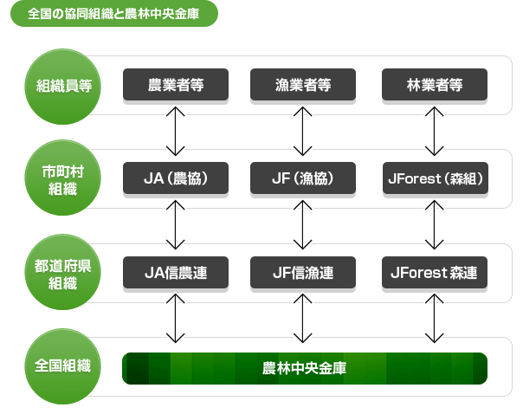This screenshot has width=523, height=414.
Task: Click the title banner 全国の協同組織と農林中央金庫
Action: pos(114,14)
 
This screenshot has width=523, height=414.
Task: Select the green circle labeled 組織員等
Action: pos(62,87)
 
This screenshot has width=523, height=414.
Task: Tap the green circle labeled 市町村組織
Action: pos(62,178)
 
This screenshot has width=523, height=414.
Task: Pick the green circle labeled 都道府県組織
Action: pos(62,272)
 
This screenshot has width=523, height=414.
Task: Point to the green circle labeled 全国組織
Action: pos(62,366)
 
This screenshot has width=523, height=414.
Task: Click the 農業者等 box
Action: pos(176,85)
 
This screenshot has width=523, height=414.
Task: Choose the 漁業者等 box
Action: pos(303,85)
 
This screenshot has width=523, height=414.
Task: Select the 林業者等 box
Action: pos(435,85)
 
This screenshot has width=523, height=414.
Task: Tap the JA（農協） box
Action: pos(176,178)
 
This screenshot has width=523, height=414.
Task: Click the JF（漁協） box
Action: pos(303,178)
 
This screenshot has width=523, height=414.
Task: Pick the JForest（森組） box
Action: pos(436,178)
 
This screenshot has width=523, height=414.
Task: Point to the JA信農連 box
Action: pos(176,273)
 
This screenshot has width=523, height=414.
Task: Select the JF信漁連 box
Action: pos(303,273)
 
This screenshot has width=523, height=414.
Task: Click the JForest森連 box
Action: pos(435,273)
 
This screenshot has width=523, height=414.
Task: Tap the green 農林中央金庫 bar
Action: pos(305,368)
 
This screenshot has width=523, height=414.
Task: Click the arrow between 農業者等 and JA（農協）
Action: pos(176,131)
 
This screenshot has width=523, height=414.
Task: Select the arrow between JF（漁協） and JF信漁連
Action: pos(302,225)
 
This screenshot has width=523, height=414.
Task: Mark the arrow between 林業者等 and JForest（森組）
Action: pos(435,131)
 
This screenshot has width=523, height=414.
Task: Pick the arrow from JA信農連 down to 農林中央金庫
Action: pos(176,318)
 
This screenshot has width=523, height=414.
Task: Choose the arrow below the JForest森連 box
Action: pos(435,318)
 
